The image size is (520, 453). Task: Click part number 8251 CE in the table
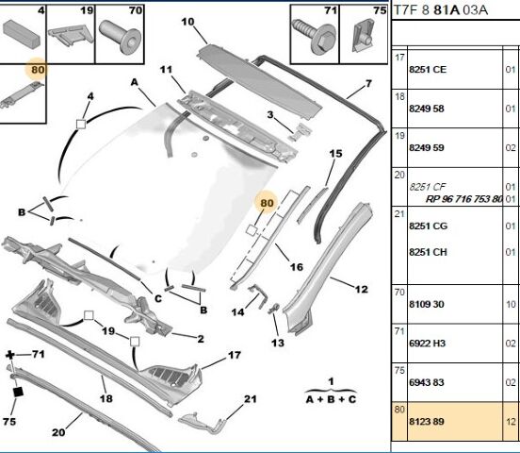[x=428, y=70]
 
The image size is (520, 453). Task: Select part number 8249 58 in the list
[x=427, y=109]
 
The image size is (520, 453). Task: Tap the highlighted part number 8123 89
[x=427, y=422]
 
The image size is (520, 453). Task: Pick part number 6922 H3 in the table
[x=427, y=344]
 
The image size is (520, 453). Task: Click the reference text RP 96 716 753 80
[x=464, y=199]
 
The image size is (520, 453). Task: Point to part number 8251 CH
[x=428, y=252]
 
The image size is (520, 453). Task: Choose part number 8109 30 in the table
[x=427, y=304]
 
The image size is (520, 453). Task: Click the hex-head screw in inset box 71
[x=313, y=36]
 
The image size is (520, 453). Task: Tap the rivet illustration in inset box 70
[x=120, y=36]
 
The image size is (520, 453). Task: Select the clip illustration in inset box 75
[x=363, y=35]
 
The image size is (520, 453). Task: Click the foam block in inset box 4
[x=22, y=33]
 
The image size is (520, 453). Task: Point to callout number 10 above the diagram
[x=187, y=22]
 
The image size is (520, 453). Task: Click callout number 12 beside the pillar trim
[x=361, y=289]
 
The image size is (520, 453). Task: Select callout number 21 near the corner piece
[x=251, y=398]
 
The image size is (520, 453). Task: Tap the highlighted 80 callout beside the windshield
[x=267, y=203]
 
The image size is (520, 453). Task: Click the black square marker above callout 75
[x=18, y=392]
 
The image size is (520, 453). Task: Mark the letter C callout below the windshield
[x=158, y=298]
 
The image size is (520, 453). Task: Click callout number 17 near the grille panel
[x=235, y=355]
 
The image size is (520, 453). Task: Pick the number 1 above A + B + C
[x=331, y=381]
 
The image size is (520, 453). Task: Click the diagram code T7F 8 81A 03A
[x=441, y=10]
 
